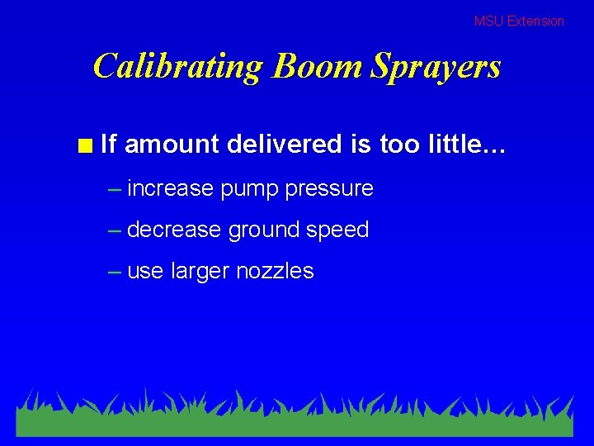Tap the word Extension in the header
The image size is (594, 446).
tap(535, 21)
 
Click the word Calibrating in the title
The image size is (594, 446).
tap(177, 66)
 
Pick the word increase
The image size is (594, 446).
tap(171, 188)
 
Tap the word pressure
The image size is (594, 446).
tap(329, 189)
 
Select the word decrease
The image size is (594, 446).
tap(174, 230)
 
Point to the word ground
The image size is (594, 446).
tap(264, 230)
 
